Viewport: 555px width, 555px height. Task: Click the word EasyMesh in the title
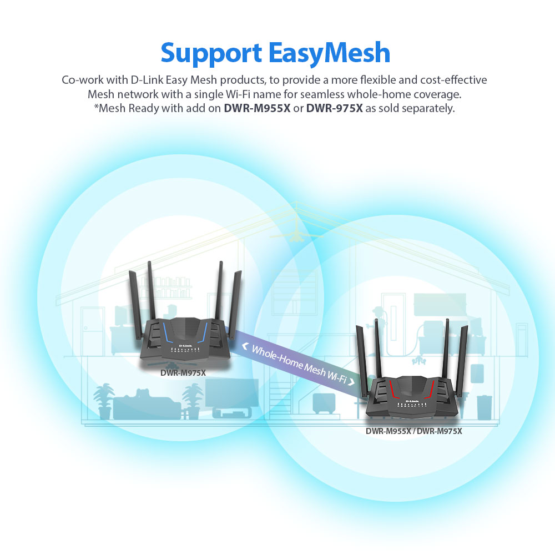[x=330, y=53]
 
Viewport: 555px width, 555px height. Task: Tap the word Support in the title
[x=211, y=53]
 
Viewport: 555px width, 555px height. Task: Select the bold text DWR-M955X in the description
[x=257, y=108]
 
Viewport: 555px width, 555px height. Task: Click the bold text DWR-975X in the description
[x=334, y=108]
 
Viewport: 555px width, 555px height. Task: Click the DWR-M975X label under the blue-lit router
[x=183, y=373]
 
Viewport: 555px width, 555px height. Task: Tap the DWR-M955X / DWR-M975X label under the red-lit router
[x=413, y=431]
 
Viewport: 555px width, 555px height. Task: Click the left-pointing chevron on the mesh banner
[x=245, y=346]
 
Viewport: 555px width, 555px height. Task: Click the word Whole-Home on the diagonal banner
[x=276, y=358]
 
